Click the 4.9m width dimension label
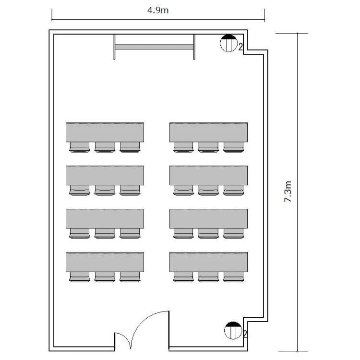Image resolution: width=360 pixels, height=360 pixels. pos(158,11)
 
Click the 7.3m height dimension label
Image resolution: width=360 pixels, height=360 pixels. pos(288,192)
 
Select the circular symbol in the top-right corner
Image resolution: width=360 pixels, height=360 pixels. pos(228,43)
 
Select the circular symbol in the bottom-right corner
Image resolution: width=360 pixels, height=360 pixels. pos(233,330)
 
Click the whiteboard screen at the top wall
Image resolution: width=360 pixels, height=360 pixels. pos(154,47)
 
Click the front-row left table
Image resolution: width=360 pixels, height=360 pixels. pos(105,132)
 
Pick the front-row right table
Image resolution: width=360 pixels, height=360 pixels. pos(208,132)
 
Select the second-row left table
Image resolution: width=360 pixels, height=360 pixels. pos(105,175)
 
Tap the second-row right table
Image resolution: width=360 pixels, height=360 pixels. pos(208,175)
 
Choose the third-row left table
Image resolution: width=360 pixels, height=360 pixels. pos(105,218)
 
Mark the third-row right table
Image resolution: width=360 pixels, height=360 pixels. pos(208,218)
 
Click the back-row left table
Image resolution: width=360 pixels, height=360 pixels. pos(105,262)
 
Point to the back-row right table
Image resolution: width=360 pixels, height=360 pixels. pos(208,262)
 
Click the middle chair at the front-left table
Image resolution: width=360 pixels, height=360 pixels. pos(105,147)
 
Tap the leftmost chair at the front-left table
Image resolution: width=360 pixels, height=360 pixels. pos(79,147)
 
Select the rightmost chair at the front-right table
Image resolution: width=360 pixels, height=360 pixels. pos(233,147)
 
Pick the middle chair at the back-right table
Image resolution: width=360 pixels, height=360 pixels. pos(208,277)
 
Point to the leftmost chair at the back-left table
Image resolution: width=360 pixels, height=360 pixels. pos(79,277)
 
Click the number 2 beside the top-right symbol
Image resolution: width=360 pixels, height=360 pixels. pos(240,47)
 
